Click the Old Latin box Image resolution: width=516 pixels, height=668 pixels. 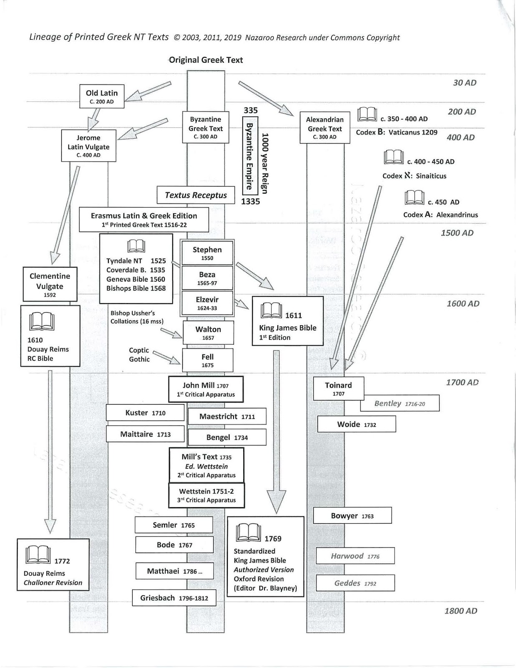point(102,96)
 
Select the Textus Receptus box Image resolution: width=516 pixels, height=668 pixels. point(196,195)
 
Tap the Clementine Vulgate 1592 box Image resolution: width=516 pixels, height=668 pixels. point(50,284)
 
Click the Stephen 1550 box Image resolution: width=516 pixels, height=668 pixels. point(207,253)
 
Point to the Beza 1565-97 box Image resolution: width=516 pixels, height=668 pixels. point(207,278)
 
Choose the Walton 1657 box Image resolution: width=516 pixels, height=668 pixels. point(208,333)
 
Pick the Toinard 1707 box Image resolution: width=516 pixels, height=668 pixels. point(338,389)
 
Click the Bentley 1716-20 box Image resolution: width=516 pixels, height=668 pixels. point(400,403)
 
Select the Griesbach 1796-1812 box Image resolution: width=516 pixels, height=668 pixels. point(174,598)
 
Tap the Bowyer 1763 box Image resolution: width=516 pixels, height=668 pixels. point(352,516)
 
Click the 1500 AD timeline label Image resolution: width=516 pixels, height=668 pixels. point(457,233)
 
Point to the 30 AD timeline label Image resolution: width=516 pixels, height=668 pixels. point(464,83)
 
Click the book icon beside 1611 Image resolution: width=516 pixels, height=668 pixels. point(271,311)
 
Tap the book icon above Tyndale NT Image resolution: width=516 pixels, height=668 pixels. point(136,246)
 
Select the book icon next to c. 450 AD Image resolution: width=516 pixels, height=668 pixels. point(414,197)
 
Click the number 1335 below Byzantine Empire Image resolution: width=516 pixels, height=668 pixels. point(250,201)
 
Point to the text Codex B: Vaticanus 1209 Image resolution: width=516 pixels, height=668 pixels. point(396,132)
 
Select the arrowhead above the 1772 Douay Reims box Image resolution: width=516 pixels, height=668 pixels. point(50,526)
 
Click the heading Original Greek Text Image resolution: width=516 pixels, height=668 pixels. point(206,60)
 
